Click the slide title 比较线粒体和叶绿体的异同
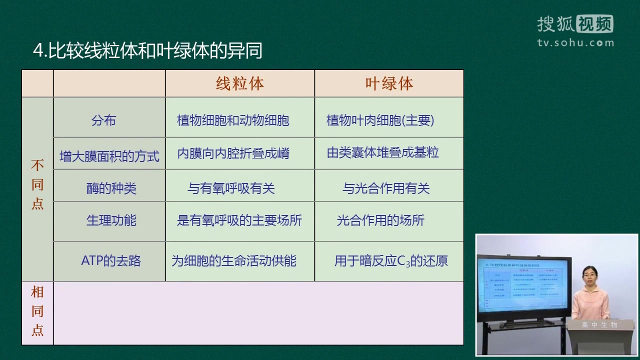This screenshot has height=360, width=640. point(147,50)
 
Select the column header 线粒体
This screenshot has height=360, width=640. point(240,83)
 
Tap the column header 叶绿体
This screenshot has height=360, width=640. point(389,83)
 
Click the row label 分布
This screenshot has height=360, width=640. point(104,120)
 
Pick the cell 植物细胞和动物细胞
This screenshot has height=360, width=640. point(233,120)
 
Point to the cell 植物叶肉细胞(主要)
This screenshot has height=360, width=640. point(380,120)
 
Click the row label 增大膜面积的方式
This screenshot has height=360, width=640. point(109,156)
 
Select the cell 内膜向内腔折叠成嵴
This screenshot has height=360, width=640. point(233,153)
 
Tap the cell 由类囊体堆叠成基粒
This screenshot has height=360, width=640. point(383,152)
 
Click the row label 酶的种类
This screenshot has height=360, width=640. point(111,188)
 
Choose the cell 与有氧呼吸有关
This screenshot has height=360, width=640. point(231,188)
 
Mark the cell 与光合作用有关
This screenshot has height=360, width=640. point(386,188)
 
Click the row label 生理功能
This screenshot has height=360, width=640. point(111,220)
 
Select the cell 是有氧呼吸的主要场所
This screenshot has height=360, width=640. point(239,220)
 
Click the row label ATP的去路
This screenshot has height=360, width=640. point(111,260)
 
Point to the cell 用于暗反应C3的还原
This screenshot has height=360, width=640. point(391,261)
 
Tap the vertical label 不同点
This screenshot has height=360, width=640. point(37,184)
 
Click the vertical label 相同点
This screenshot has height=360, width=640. point(37,311)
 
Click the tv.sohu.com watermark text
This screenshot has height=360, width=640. point(575,42)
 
